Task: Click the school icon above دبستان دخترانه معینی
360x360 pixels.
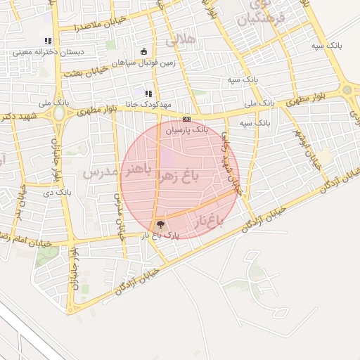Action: (47, 41)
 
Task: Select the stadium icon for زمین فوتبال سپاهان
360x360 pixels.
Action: (144, 51)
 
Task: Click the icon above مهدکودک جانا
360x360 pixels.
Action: (148, 94)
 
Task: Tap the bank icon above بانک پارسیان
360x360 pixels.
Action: (186, 120)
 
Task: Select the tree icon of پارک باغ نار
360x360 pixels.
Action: (162, 225)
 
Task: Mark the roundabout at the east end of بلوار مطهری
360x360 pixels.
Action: (347, 89)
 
